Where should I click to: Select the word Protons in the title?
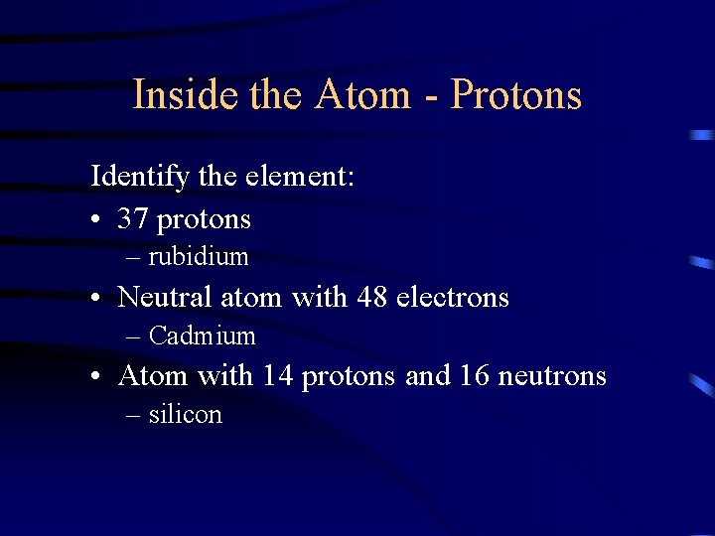pyautogui.click(x=516, y=95)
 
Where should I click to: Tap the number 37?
pyautogui.click(x=133, y=218)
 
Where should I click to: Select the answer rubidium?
pyautogui.click(x=198, y=257)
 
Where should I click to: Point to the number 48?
pyautogui.click(x=372, y=297)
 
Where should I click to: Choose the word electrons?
pyautogui.click(x=453, y=297)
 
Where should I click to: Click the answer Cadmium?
pyautogui.click(x=202, y=336)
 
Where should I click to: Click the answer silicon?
pyautogui.click(x=185, y=415)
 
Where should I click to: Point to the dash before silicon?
pyautogui.click(x=134, y=416)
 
